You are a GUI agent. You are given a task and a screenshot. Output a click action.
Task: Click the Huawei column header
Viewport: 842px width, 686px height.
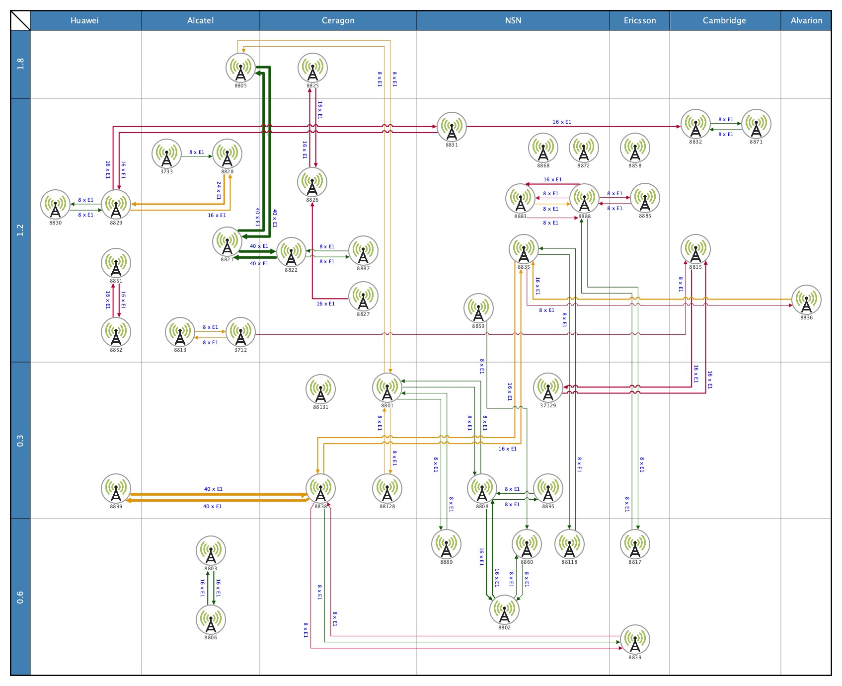pyautogui.click(x=84, y=20)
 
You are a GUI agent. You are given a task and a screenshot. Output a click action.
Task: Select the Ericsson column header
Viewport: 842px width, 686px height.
pyautogui.click(x=639, y=20)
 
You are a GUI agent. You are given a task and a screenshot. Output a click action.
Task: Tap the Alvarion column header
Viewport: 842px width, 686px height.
pyautogui.click(x=806, y=20)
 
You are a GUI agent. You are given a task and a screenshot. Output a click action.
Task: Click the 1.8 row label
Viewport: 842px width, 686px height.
pyautogui.click(x=20, y=64)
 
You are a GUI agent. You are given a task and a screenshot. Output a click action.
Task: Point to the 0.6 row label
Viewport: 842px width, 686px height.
pyautogui.click(x=20, y=597)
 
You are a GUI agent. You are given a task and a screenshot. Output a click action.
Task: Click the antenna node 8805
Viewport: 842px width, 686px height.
pyautogui.click(x=240, y=68)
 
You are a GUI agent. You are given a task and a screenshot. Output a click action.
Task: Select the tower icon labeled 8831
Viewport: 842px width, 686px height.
pyautogui.click(x=452, y=127)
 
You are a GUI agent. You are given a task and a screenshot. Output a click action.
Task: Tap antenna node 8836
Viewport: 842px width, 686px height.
pyautogui.click(x=806, y=300)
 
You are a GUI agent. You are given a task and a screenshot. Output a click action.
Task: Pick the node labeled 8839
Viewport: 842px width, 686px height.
pyautogui.click(x=635, y=639)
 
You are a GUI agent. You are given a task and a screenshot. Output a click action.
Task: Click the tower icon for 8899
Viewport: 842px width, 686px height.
pyautogui.click(x=116, y=488)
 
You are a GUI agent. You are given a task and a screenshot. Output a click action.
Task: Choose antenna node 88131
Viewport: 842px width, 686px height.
pyautogui.click(x=320, y=389)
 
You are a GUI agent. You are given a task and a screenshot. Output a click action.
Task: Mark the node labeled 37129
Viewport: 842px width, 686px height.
pyautogui.click(x=548, y=387)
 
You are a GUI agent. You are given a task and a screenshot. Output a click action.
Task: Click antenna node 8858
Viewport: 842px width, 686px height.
pyautogui.click(x=635, y=148)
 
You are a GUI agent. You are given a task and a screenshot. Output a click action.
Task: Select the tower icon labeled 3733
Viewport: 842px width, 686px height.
pyautogui.click(x=166, y=153)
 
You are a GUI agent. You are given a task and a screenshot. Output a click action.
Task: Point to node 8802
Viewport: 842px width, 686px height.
pyautogui.click(x=504, y=610)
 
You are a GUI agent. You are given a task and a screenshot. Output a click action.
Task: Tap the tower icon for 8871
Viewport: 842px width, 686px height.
pyautogui.click(x=756, y=124)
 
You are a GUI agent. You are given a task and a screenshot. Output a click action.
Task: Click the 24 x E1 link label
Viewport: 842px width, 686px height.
pyautogui.click(x=219, y=190)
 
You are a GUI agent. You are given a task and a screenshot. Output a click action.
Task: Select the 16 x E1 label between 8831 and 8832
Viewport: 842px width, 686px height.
pyautogui.click(x=561, y=122)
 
